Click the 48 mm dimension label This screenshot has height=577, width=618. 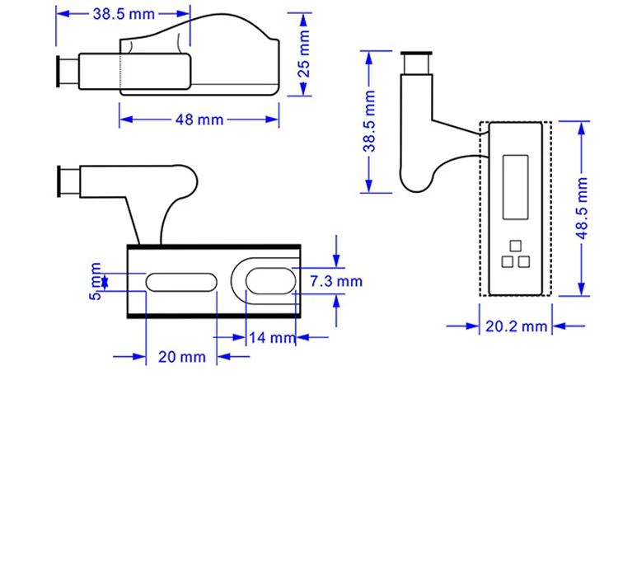tap(199, 120)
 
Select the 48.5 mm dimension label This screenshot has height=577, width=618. tap(582, 209)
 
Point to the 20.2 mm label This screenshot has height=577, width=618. tap(516, 326)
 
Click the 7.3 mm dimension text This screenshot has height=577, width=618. tap(336, 281)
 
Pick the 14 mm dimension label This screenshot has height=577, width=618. tap(272, 338)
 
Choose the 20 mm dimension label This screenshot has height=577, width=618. tap(182, 357)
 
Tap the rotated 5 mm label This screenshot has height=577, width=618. tap(96, 281)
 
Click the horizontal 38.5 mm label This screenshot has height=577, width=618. tap(124, 14)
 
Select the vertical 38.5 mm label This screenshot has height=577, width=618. tap(369, 121)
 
